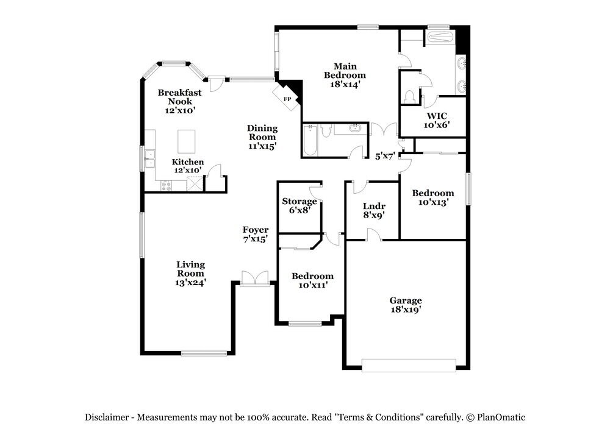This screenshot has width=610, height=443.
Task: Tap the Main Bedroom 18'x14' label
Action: (345, 75)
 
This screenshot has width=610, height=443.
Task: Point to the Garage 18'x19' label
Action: (406, 305)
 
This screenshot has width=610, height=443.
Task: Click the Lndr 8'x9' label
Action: (373, 210)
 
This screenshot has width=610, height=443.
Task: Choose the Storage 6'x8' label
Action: (299, 205)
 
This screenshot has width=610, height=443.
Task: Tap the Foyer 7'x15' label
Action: (256, 234)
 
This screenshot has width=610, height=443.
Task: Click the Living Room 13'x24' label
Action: (190, 274)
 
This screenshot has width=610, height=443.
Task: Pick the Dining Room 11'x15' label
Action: (262, 137)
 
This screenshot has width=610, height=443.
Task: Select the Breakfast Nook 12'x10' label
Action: (179, 101)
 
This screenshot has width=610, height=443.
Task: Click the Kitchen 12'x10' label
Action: (187, 166)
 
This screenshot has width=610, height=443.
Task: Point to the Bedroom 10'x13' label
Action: (433, 197)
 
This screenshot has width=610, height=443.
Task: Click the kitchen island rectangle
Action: (188, 141)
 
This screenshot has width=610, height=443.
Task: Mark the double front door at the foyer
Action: (255, 278)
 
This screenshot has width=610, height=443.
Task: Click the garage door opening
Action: (409, 365)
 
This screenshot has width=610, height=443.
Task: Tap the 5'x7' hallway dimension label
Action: (385, 156)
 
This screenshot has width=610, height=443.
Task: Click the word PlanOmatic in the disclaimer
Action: (500, 417)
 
